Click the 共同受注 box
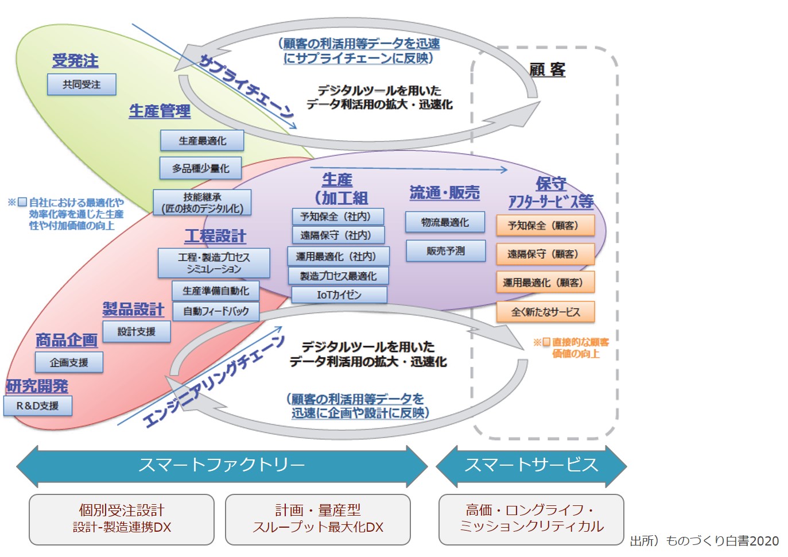(x=81, y=84)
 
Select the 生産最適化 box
(x=202, y=141)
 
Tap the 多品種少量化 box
(x=200, y=168)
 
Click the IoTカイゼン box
(x=339, y=295)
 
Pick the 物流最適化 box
(x=445, y=222)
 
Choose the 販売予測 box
(x=445, y=251)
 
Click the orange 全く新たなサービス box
(x=545, y=312)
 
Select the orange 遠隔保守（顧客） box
(x=545, y=254)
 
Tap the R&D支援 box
(x=38, y=405)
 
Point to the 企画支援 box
(x=69, y=362)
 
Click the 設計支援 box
(x=137, y=331)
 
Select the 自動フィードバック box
(x=216, y=311)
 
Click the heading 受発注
(x=75, y=60)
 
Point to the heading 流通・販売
(x=445, y=193)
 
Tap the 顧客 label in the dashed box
(x=547, y=70)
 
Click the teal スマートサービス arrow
(x=531, y=465)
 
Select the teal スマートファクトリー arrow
(x=222, y=465)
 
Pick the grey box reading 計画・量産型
(x=318, y=519)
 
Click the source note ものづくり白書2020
(x=705, y=541)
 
